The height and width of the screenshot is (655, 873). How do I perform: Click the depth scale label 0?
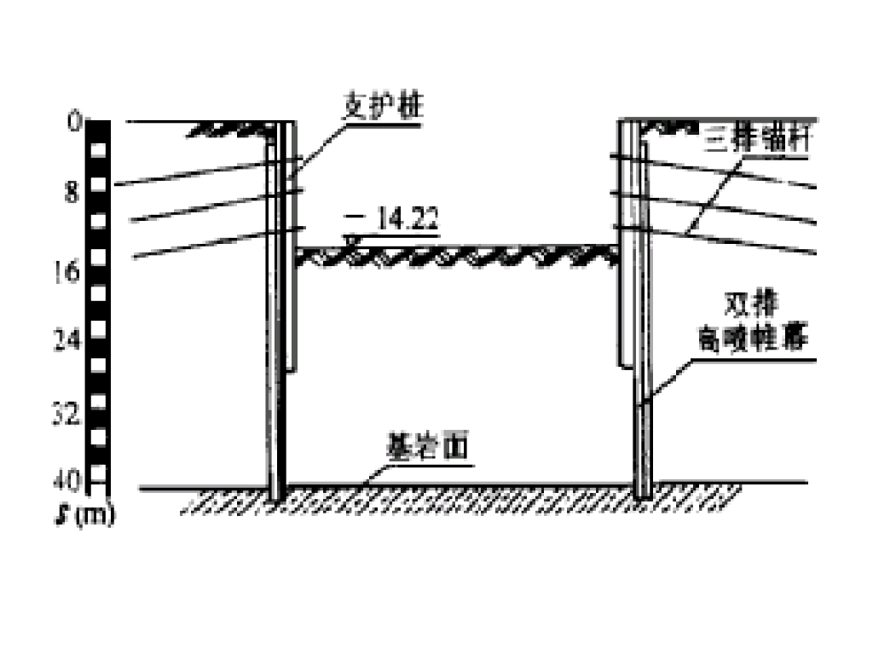tap(75, 121)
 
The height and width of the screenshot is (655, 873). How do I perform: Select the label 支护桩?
tap(383, 108)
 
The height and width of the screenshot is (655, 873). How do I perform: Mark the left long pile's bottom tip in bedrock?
tap(275, 498)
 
